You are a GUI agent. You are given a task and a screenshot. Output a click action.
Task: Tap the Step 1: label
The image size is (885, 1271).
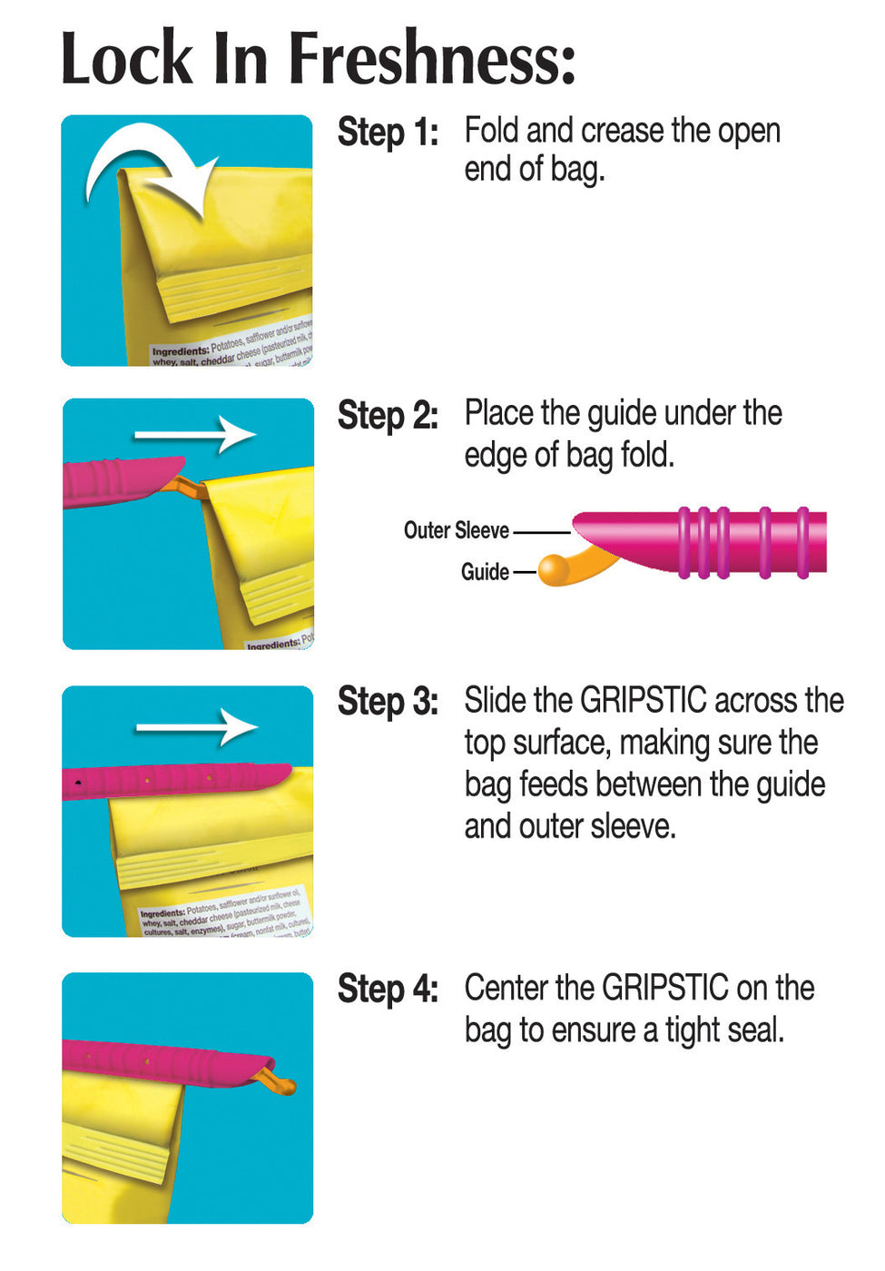(x=388, y=133)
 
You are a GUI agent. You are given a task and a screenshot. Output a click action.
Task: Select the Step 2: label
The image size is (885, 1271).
(x=388, y=416)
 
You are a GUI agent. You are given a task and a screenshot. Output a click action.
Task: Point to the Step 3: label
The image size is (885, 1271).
(x=388, y=703)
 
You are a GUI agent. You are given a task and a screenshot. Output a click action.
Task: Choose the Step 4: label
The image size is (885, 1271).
(x=388, y=990)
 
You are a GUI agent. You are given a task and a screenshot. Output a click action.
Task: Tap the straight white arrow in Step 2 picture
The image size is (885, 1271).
(x=195, y=435)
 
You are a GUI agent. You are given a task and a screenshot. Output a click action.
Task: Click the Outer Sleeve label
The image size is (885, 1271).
(x=456, y=531)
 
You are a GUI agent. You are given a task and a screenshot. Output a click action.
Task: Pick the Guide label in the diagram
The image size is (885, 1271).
(x=485, y=572)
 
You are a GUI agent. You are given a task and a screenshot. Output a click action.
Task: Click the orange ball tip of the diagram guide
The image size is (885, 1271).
(x=554, y=569)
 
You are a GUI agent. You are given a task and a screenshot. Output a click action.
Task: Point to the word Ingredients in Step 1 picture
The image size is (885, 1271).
(x=180, y=351)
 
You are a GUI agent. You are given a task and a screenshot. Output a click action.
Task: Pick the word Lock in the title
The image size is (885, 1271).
(x=127, y=59)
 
